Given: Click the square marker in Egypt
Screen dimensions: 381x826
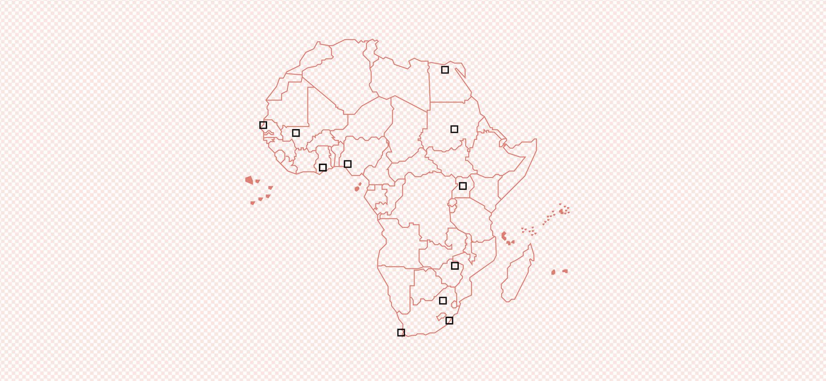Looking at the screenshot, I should pos(445,70).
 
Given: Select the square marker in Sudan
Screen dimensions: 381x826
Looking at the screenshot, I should pos(454,129).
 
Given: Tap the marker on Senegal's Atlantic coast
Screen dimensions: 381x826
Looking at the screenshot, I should pos(263,125).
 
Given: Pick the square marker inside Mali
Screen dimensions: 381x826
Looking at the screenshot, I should pos(296,133).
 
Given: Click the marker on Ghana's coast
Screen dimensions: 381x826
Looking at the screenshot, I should pos(323,167).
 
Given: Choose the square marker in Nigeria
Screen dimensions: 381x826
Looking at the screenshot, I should pos(347,164).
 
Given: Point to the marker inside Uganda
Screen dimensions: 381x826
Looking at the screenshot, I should pos(463,186).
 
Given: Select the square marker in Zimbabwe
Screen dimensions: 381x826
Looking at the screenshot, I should pos(454,266).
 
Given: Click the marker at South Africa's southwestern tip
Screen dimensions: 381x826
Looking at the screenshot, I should pos(401,332).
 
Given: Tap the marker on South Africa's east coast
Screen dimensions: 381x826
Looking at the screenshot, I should pos(449,320).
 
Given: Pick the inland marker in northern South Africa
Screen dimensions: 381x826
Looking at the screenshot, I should pos(442,301).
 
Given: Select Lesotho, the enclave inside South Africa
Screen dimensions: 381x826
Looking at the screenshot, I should pos(441,317).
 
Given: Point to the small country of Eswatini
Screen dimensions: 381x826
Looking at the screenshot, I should pos(454,304).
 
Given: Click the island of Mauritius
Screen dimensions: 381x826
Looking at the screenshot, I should pos(565,271).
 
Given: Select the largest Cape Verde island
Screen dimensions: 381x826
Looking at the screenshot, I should pos(249,180).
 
